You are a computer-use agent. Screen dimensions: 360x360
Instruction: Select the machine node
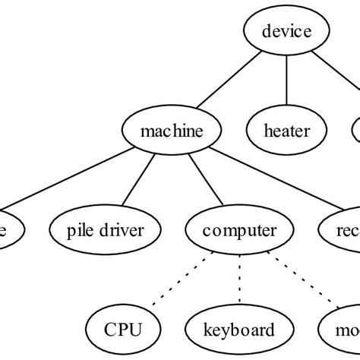point(172,131)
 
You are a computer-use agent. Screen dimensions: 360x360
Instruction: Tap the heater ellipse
point(286,131)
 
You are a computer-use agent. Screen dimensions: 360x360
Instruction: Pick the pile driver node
point(106,229)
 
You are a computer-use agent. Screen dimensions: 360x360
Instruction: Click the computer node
point(240,229)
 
